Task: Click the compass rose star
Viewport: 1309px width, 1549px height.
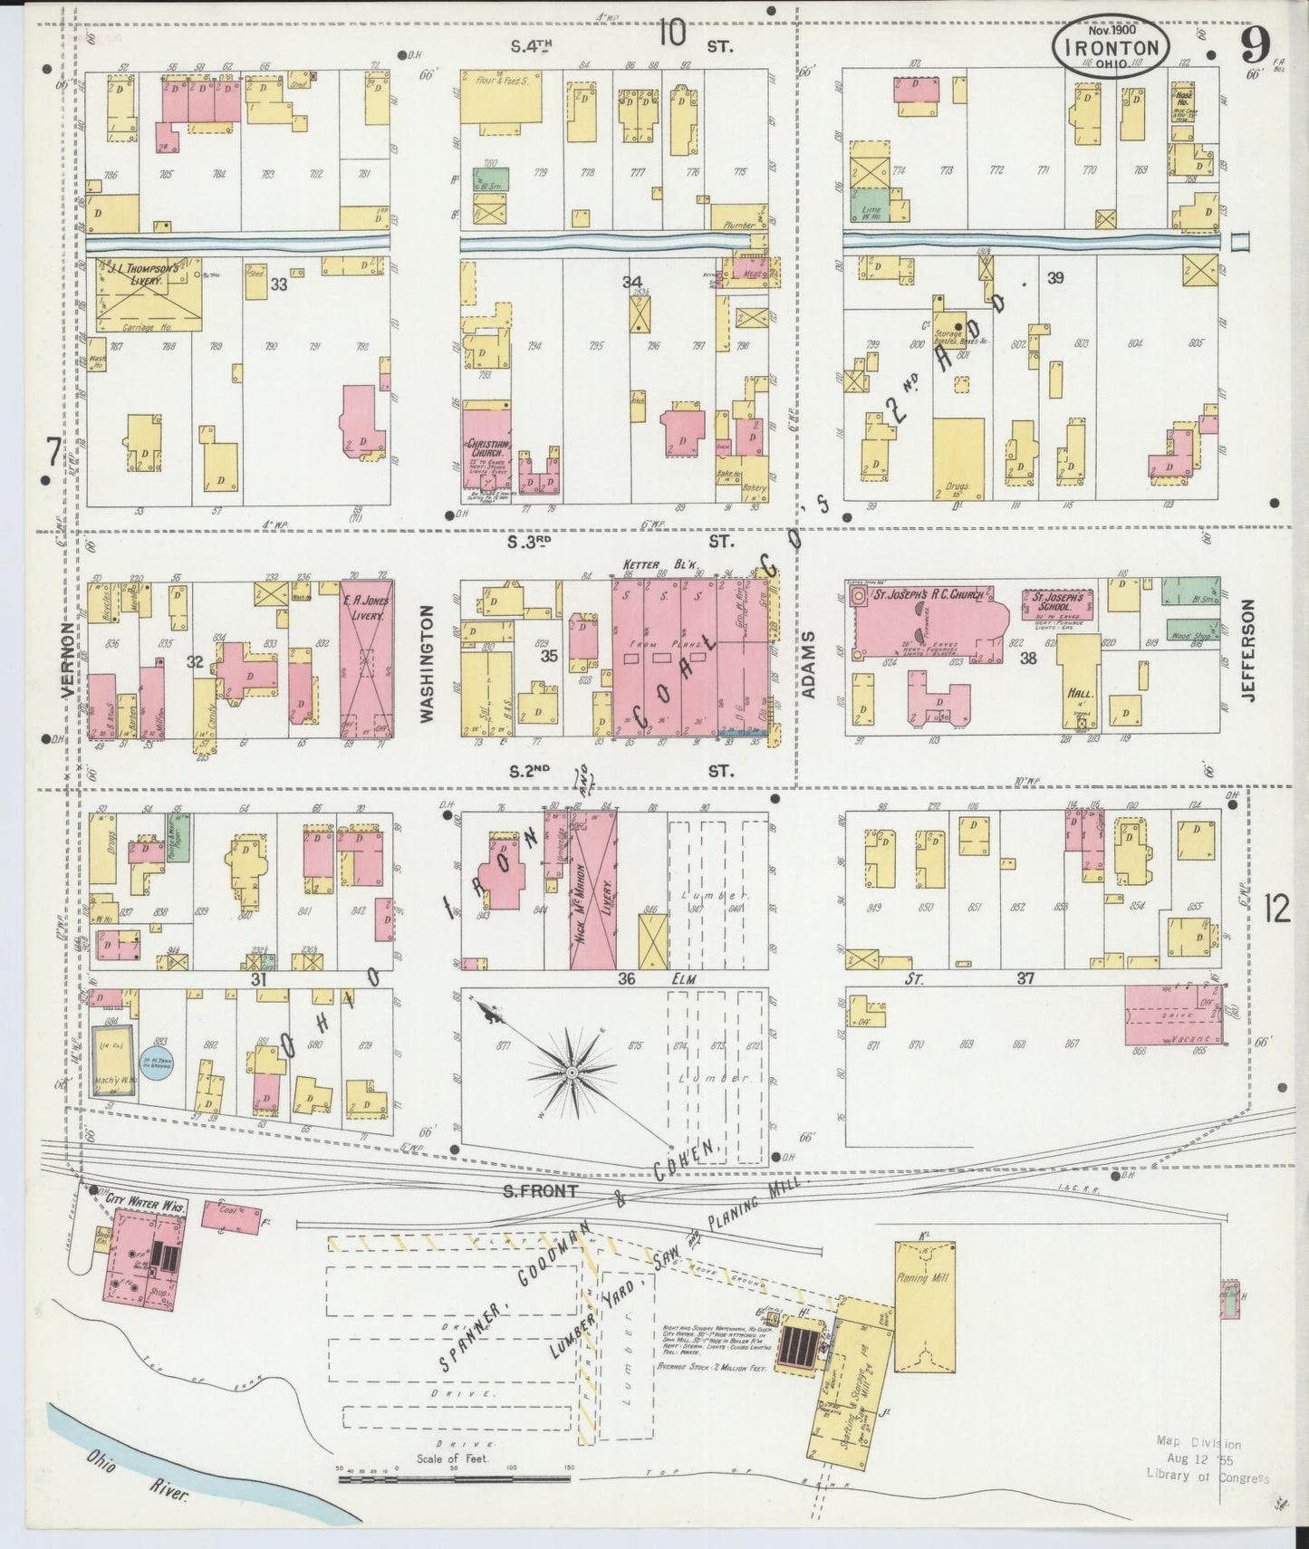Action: click(x=572, y=1072)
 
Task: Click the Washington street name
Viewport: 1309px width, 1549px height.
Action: click(x=428, y=664)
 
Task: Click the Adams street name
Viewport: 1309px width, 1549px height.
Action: click(x=810, y=665)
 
